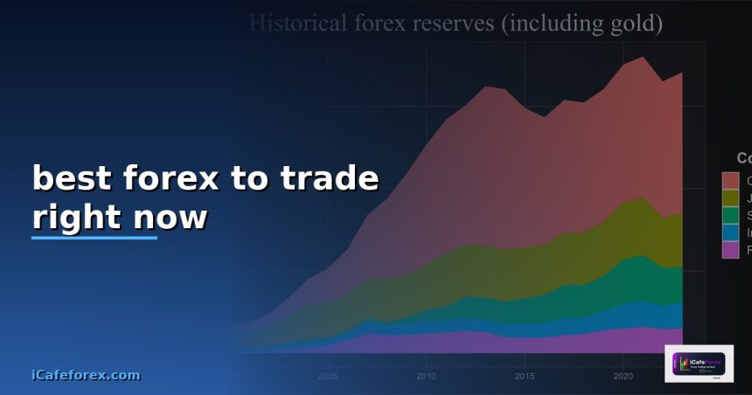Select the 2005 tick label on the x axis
click(328, 377)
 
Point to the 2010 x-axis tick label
click(427, 377)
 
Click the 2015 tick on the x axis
click(525, 377)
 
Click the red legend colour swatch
click(730, 180)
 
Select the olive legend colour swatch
click(730, 197)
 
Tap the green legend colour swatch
click(730, 215)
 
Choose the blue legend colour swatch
click(730, 232)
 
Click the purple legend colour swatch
click(730, 250)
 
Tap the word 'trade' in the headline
click(330, 178)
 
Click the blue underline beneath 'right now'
click(94, 237)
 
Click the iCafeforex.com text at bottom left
click(85, 375)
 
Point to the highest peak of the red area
click(643, 58)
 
